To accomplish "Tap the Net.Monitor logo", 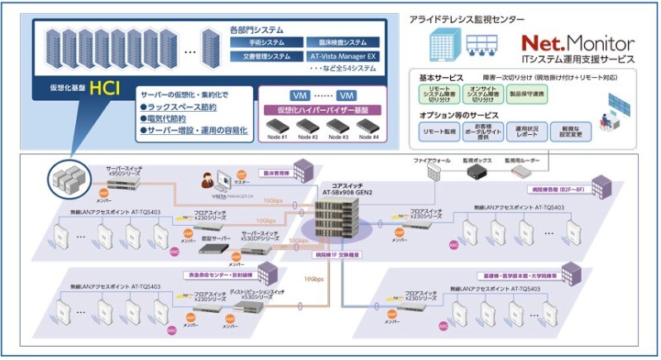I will pos(577,42).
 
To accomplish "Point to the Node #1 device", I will pos(279,127).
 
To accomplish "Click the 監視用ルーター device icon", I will pos(520,171).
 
